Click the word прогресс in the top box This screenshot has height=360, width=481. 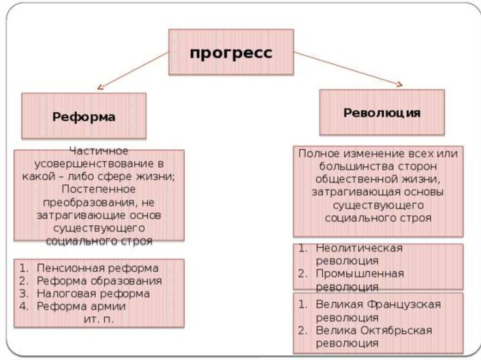[x=231, y=53]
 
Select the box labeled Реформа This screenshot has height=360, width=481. [x=84, y=116]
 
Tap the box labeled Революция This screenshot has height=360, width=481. [x=382, y=113]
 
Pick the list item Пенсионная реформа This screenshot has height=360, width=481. [x=97, y=268]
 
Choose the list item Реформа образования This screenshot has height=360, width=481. [x=99, y=281]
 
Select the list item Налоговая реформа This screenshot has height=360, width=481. [x=93, y=294]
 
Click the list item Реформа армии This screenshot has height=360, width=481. [x=81, y=306]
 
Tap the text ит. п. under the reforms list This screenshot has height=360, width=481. [x=98, y=319]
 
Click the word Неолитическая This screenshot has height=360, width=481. [x=359, y=248]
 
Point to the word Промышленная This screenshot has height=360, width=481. [x=360, y=273]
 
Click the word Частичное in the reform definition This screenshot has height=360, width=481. [x=99, y=151]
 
